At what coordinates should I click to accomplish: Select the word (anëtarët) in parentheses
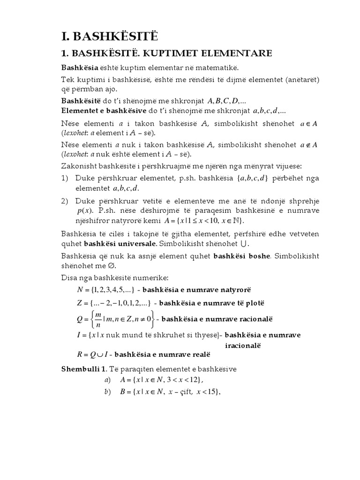pos(298,79)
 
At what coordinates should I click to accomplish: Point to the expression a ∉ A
pos(308,145)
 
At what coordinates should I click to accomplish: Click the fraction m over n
pos(98,319)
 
